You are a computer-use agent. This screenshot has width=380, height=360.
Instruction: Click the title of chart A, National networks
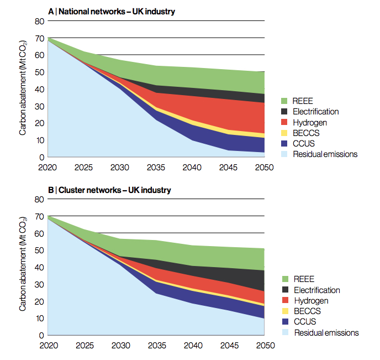pyautogui.click(x=112, y=11)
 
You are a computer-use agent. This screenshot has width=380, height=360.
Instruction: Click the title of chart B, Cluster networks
pyautogui.click(x=109, y=190)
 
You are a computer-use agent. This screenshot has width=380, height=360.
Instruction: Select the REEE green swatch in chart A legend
pyautogui.click(x=284, y=101)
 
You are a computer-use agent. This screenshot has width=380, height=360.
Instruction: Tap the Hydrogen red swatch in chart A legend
pyautogui.click(x=284, y=122)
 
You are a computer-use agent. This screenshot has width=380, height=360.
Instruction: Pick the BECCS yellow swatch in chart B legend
pyautogui.click(x=284, y=311)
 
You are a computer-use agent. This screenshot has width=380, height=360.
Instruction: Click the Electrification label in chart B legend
pyautogui.click(x=317, y=290)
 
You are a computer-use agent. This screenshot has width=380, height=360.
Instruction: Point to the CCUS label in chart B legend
pyautogui.click(x=305, y=322)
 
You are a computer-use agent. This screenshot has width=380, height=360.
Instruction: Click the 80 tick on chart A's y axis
pyautogui.click(x=39, y=21)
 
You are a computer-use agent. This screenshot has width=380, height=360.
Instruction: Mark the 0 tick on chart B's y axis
pyautogui.click(x=41, y=335)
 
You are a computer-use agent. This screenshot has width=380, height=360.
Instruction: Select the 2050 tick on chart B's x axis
pyautogui.click(x=265, y=346)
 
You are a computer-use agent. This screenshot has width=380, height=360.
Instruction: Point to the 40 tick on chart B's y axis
pyautogui.click(x=39, y=267)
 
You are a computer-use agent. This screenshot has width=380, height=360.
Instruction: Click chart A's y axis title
pyautogui.click(x=23, y=89)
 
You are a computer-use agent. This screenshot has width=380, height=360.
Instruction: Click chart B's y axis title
pyautogui.click(x=23, y=267)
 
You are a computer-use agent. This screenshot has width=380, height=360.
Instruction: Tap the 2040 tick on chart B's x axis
pyautogui.click(x=192, y=346)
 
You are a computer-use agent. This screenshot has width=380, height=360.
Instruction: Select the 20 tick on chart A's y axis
pyautogui.click(x=39, y=123)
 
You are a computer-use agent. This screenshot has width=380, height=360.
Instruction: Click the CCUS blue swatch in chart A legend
pyautogui.click(x=284, y=144)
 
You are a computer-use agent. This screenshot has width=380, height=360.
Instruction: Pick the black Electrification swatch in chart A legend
pyautogui.click(x=284, y=112)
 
